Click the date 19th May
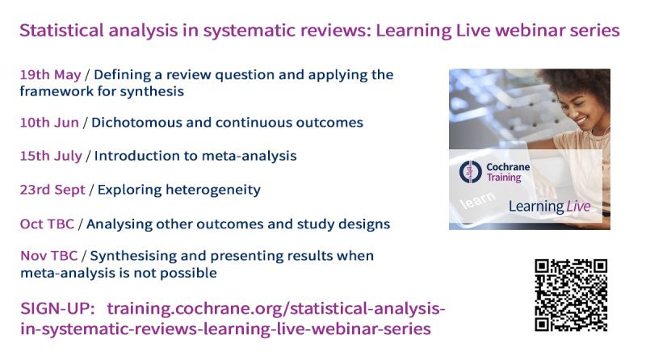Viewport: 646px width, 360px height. tap(50, 74)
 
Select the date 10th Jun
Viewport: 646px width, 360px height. tap(49, 123)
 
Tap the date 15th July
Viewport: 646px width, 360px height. tap(51, 156)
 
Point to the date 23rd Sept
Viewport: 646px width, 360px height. tap(52, 190)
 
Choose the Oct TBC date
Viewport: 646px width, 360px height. tap(47, 224)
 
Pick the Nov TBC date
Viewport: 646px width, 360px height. tap(48, 255)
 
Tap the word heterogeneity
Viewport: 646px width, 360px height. tap(213, 190)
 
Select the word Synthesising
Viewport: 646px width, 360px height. tap(133, 256)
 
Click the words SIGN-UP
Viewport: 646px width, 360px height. tap(57, 308)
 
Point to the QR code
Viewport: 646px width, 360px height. tap(571, 295)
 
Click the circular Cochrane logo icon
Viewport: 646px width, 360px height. tap(471, 172)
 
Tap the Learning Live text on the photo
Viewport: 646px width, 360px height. tap(550, 206)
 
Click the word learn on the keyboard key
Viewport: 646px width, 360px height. tap(478, 200)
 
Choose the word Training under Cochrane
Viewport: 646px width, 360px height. tap(504, 178)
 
